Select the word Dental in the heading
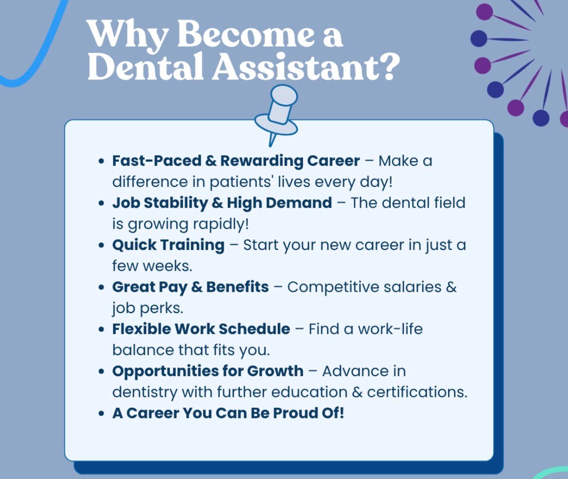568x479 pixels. click(x=145, y=67)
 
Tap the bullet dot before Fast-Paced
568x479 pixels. click(x=102, y=161)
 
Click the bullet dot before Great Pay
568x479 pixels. click(x=102, y=287)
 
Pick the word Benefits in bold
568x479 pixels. click(x=237, y=287)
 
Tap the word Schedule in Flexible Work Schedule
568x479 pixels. click(x=254, y=329)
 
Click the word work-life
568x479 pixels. click(x=390, y=329)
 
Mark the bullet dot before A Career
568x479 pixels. click(x=102, y=413)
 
